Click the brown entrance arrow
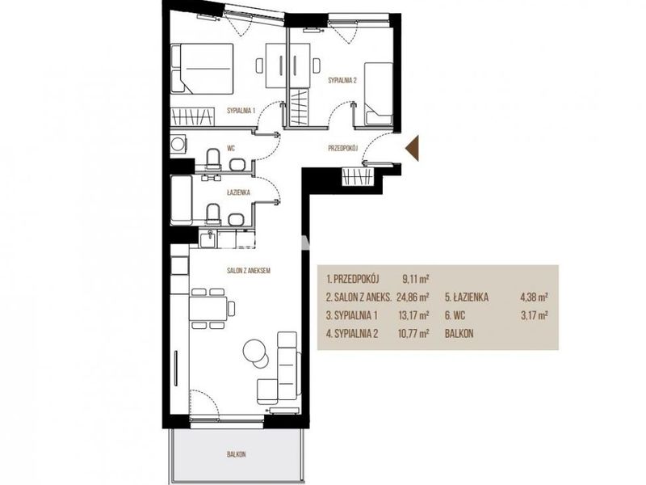413,148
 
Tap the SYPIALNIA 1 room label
241,111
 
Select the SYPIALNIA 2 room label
342,80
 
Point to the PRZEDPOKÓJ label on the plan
342,149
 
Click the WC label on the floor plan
231,149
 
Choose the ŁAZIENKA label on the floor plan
238,192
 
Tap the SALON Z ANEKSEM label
249,271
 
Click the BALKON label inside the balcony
237,454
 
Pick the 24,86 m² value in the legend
413,297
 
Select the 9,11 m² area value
416,279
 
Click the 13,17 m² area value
413,315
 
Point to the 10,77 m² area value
413,334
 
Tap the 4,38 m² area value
535,297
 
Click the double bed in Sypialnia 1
202,68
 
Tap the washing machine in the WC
178,145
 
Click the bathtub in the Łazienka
181,200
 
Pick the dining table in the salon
208,309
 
